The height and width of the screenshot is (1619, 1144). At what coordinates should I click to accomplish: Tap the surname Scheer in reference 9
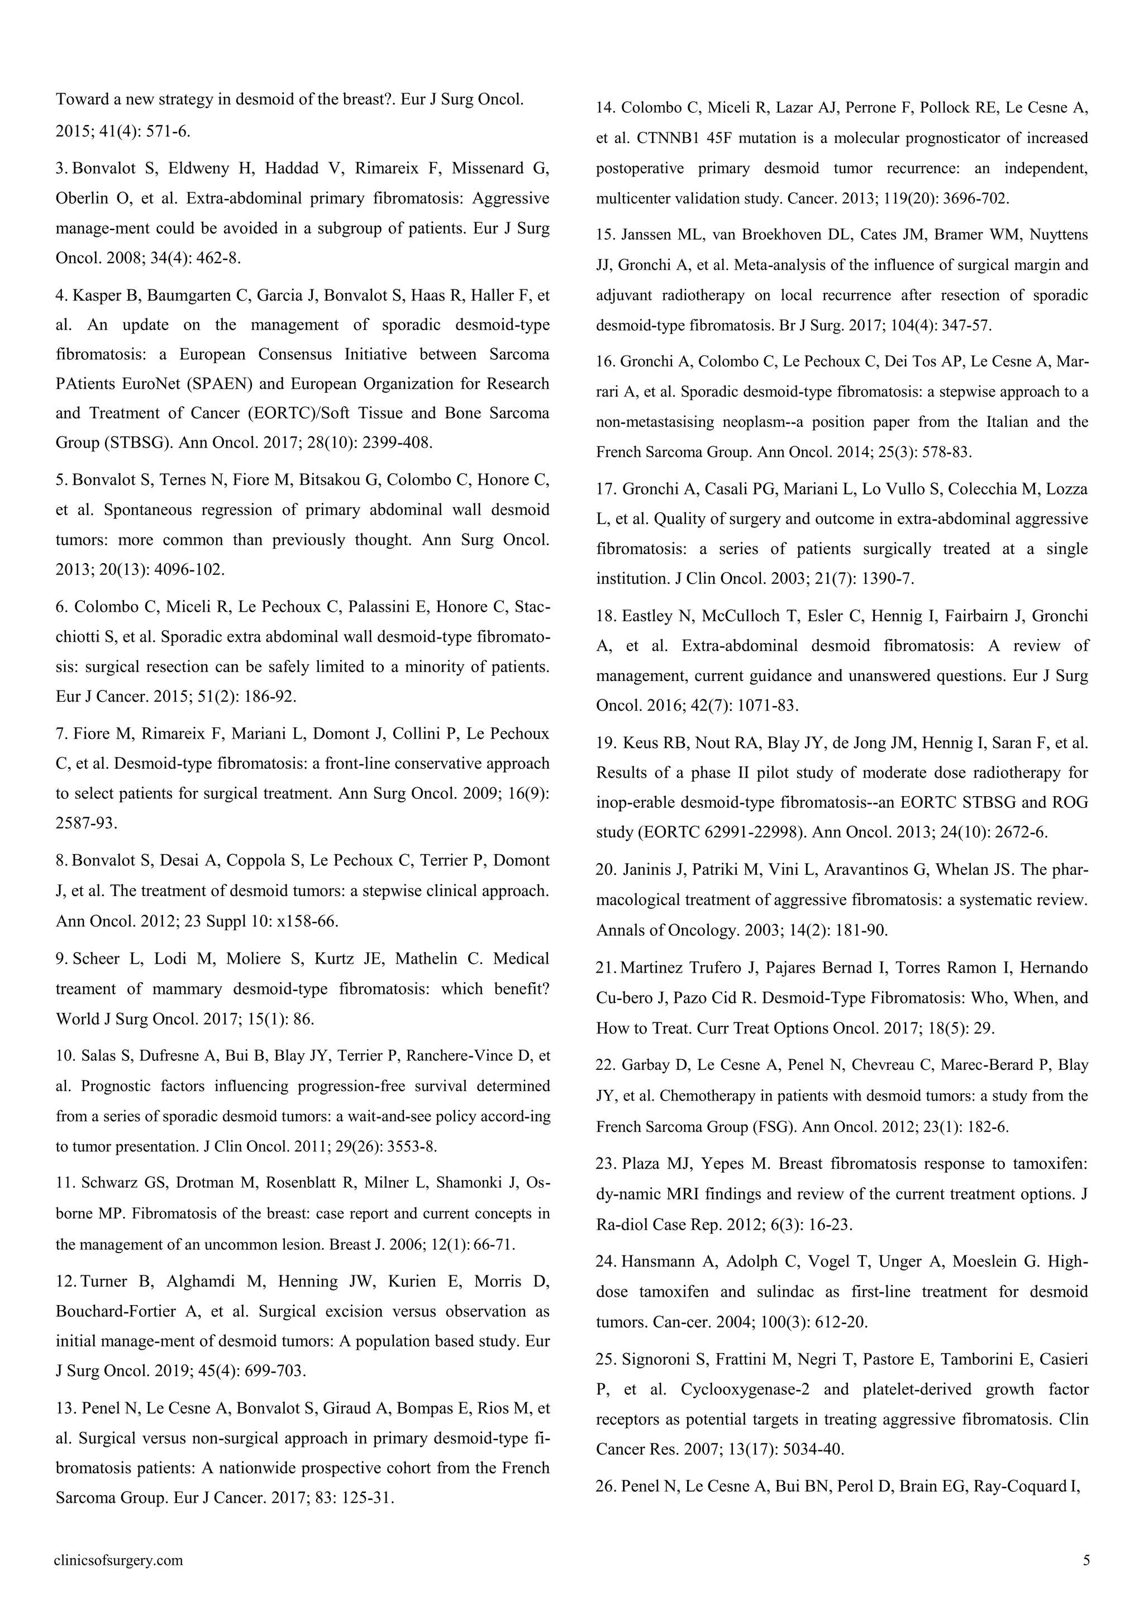tap(96, 959)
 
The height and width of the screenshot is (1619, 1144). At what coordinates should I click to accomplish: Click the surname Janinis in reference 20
tap(648, 869)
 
